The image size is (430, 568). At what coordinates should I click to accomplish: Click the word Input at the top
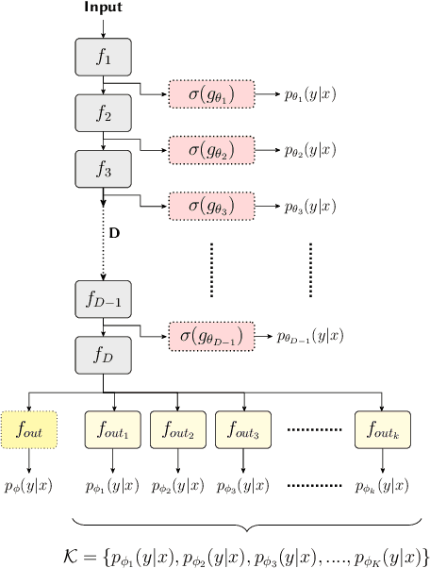103,8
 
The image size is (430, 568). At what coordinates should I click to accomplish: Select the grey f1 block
103,58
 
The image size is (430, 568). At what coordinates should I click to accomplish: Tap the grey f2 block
103,113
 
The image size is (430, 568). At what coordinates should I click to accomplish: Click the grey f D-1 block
103,298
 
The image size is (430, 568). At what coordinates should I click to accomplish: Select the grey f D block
103,356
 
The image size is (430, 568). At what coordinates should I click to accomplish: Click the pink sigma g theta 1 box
211,93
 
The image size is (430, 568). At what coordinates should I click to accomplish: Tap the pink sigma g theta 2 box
211,148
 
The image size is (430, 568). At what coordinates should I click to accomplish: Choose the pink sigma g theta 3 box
211,203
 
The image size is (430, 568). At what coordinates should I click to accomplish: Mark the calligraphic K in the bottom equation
85,553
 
